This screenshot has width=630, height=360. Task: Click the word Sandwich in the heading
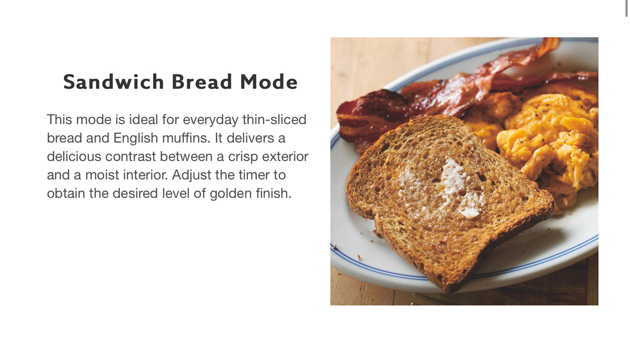coord(114,82)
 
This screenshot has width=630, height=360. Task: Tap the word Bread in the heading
coord(202,82)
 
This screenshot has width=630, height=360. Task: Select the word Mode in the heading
coord(269,82)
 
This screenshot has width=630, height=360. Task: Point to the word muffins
coord(186,138)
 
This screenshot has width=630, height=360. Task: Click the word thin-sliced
coord(274,119)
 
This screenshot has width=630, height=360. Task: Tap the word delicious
coord(74,156)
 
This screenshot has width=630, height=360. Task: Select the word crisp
coord(243,157)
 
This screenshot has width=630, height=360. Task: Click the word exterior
coord(285,156)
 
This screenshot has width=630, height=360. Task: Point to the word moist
coord(102,175)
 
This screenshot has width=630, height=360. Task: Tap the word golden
coord(230,194)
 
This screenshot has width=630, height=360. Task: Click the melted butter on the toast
coord(453,180)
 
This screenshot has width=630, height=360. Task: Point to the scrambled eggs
coord(545,146)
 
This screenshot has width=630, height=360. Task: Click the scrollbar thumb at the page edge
coord(626,8)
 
